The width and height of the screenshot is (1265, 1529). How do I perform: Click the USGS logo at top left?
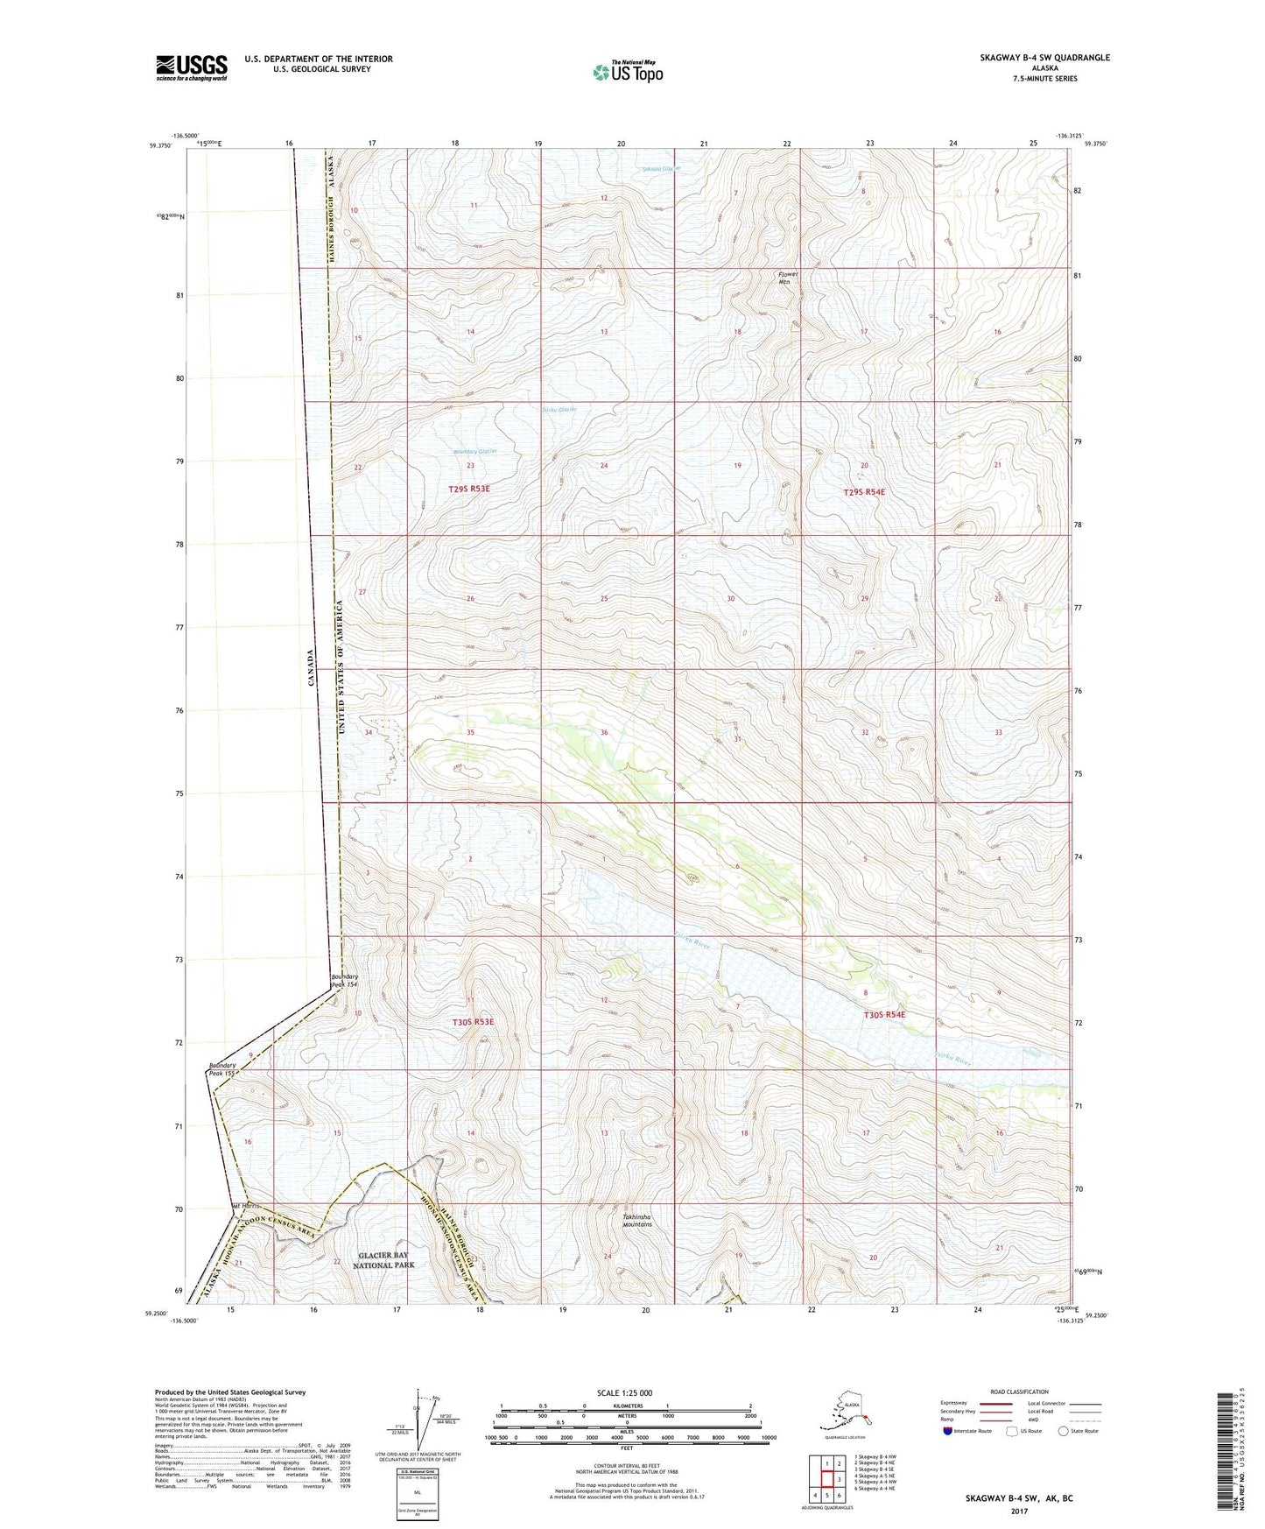(192, 67)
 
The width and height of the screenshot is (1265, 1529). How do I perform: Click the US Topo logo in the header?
(628, 72)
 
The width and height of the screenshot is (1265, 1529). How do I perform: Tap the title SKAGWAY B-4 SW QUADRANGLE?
(1044, 58)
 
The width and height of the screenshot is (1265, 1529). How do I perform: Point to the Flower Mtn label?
(788, 278)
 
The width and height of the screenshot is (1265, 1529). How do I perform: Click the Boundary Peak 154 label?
(344, 980)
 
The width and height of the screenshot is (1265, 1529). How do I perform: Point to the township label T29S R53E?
(469, 489)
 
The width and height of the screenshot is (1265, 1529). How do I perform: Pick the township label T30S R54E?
(884, 1014)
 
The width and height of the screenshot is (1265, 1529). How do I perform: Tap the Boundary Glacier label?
(475, 451)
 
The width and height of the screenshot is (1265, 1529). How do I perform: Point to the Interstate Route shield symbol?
(947, 1431)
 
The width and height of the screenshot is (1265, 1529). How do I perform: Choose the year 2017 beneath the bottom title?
(1019, 1511)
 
